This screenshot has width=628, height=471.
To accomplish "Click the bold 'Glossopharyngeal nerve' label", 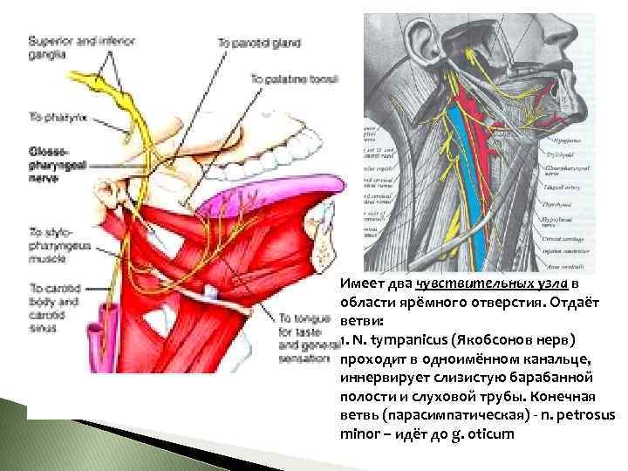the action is pos(54,163).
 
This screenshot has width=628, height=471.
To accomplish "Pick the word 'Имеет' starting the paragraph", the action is pos(359,285).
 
